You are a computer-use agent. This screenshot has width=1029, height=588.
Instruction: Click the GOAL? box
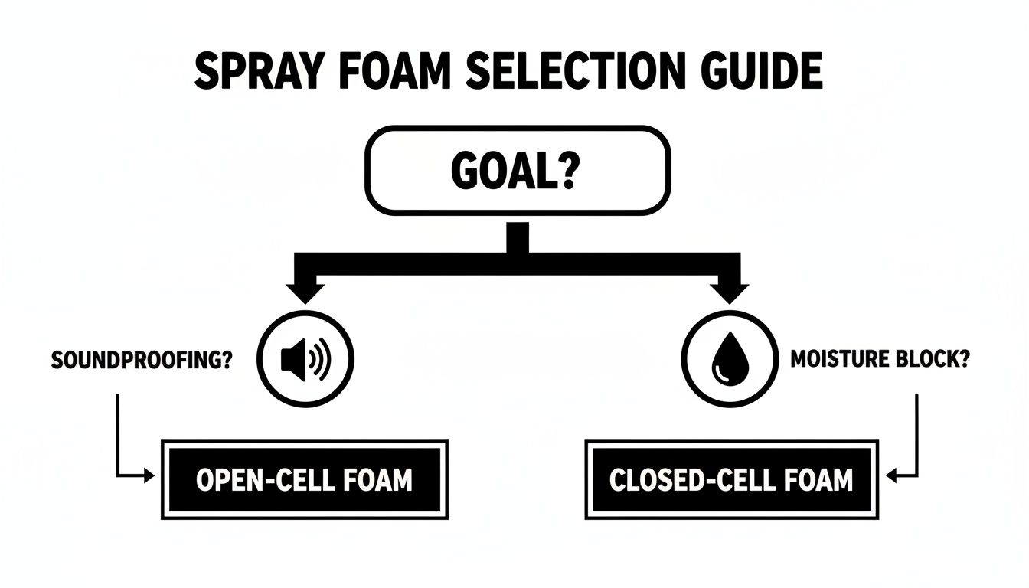[x=520, y=169]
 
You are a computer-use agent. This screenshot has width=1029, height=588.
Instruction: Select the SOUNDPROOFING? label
[x=142, y=360]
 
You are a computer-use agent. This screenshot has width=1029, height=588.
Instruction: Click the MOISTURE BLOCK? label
[x=879, y=359]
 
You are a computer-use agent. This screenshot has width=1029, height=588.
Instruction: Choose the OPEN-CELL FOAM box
[x=304, y=479]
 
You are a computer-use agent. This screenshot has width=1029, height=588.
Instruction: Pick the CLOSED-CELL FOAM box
[x=730, y=479]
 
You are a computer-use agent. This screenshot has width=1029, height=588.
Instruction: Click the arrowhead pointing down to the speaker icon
[x=305, y=294]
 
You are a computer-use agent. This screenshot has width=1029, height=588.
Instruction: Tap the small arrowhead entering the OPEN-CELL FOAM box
[x=149, y=476]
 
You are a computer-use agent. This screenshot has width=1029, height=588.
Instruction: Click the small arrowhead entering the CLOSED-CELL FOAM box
[x=893, y=476]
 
